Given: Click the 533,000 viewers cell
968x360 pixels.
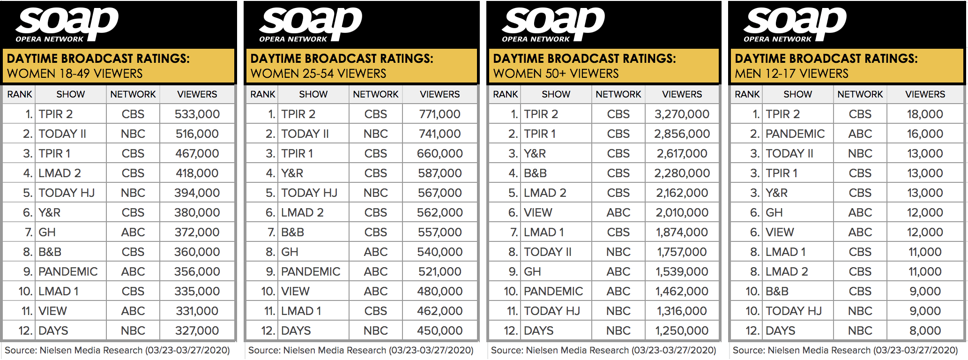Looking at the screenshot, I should tap(197, 114).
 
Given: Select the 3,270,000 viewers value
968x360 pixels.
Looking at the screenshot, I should tap(682, 114).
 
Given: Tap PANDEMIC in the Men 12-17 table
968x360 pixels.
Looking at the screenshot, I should tap(795, 134).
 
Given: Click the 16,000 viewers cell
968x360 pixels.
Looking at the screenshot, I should tap(924, 134).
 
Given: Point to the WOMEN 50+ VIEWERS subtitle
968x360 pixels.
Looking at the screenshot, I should tap(556, 74).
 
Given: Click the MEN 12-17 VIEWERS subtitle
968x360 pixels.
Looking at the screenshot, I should tap(791, 74).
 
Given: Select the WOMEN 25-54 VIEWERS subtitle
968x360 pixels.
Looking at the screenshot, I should tap(318, 74).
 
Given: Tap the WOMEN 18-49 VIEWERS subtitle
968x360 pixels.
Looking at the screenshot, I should tap(74, 74).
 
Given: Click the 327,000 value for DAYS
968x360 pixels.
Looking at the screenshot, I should tap(197, 330).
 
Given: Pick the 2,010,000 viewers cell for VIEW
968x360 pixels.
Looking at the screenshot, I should tap(682, 212).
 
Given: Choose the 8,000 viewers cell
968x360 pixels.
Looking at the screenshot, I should tap(924, 330).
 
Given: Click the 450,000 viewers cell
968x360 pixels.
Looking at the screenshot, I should tap(439, 330).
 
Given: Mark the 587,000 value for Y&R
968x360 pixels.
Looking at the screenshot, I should tap(439, 173).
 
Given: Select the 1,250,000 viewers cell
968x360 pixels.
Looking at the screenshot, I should tap(682, 330).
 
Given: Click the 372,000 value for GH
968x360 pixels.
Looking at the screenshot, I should tap(197, 232).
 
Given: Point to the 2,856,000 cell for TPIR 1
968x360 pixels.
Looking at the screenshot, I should tap(682, 134).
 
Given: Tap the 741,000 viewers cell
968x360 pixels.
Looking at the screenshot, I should tap(439, 134).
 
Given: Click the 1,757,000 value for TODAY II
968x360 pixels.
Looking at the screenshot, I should tap(682, 252).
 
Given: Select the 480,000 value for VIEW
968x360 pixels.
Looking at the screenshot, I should tap(439, 291).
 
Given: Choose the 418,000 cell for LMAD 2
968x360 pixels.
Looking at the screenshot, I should tap(197, 173).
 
